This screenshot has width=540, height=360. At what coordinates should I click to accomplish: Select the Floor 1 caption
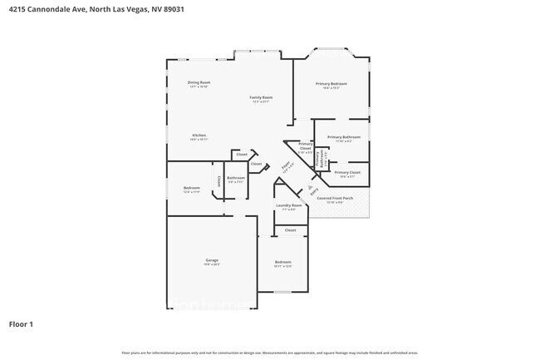click(x=22, y=323)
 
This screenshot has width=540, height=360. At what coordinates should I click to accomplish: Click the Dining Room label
click(x=199, y=82)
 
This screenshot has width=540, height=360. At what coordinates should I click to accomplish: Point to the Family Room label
click(x=262, y=97)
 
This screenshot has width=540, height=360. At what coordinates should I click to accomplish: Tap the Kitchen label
click(x=199, y=136)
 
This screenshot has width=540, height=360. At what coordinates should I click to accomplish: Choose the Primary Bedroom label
click(x=331, y=84)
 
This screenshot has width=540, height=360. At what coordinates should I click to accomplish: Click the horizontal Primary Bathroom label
click(x=343, y=137)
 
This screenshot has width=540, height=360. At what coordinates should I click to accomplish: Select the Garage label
click(x=212, y=260)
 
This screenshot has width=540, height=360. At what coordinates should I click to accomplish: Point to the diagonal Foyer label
click(x=285, y=167)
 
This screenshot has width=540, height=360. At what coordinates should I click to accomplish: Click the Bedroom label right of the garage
click(x=283, y=262)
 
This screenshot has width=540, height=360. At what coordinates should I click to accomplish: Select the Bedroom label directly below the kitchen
click(x=192, y=188)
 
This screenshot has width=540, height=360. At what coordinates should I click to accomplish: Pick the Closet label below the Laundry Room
click(x=290, y=229)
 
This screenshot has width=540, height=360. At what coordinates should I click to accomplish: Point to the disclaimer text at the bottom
click(x=270, y=353)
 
